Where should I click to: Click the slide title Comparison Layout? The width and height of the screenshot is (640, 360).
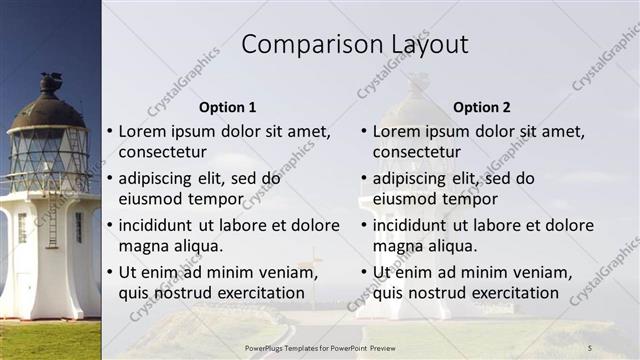[x=355, y=45]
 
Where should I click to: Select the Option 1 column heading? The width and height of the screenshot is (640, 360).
[x=227, y=107]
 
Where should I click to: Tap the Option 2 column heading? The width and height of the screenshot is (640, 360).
[x=481, y=107]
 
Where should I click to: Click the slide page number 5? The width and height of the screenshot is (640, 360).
[x=589, y=347]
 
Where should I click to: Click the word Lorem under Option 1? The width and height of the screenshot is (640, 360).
[x=142, y=131]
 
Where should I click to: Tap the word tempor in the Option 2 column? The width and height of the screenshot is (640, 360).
[x=471, y=198]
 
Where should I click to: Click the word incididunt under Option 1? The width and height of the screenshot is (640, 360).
[x=157, y=225]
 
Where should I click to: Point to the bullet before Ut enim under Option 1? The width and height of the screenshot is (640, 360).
[x=109, y=272]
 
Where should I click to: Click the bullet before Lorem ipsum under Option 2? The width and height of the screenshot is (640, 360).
[x=363, y=131]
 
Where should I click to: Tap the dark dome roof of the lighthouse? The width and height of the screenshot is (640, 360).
[x=48, y=107]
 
